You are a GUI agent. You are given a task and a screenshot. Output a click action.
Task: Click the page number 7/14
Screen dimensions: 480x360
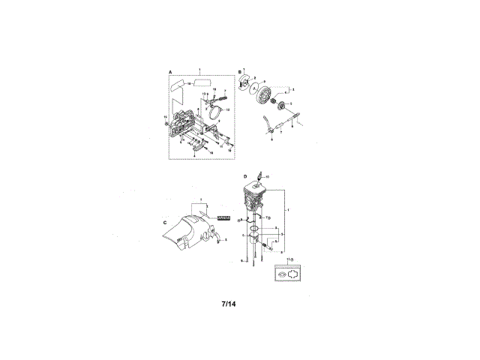[x=229, y=304]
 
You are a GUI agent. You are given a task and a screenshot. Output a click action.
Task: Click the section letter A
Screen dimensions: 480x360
[x=170, y=71]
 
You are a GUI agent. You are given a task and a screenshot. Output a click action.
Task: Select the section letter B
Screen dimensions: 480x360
[x=240, y=71]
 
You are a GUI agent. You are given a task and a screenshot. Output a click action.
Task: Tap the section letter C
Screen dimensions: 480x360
[x=164, y=222]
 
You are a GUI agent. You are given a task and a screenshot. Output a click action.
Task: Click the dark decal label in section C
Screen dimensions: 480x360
[x=223, y=217]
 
